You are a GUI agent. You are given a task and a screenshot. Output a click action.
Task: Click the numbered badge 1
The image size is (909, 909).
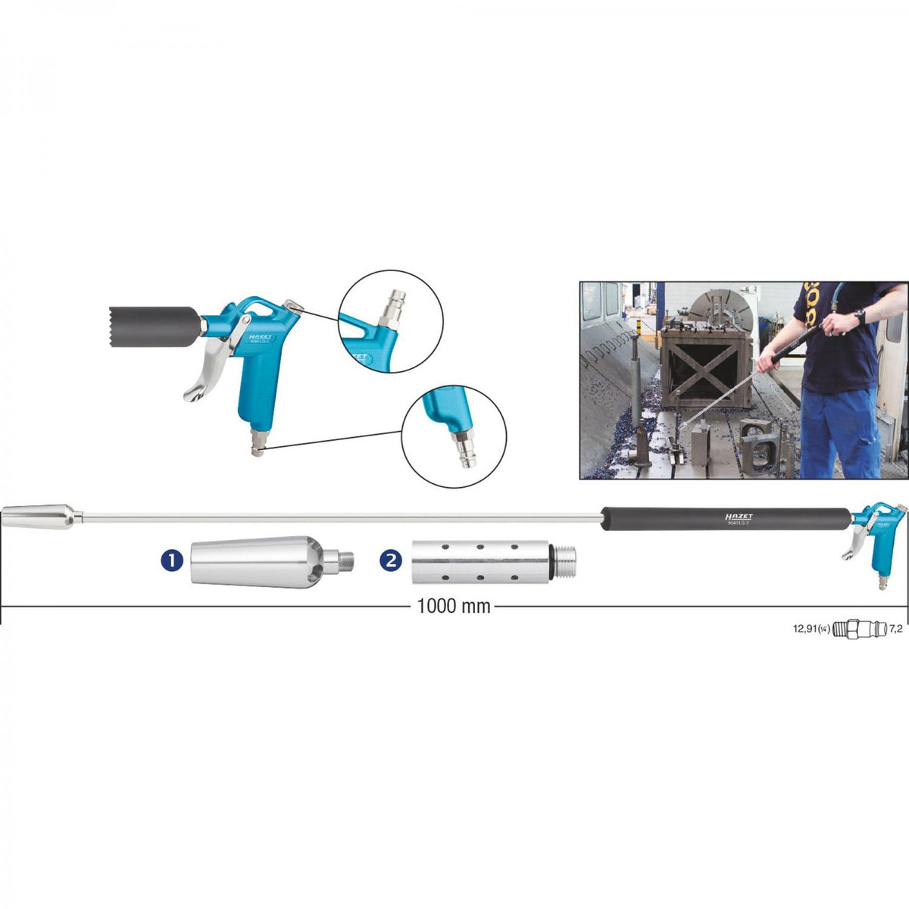pos(172,561)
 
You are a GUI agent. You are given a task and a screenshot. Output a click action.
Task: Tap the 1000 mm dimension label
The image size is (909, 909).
pos(454,606)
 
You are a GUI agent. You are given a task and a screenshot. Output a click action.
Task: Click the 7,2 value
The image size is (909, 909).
pos(895,629)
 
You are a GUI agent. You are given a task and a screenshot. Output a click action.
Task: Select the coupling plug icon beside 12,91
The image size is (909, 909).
pos(858,629)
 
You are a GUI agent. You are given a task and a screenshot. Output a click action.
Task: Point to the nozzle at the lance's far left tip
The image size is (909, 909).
pos(38,518)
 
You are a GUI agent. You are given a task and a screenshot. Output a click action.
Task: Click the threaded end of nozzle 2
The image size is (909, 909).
pos(564,561)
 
